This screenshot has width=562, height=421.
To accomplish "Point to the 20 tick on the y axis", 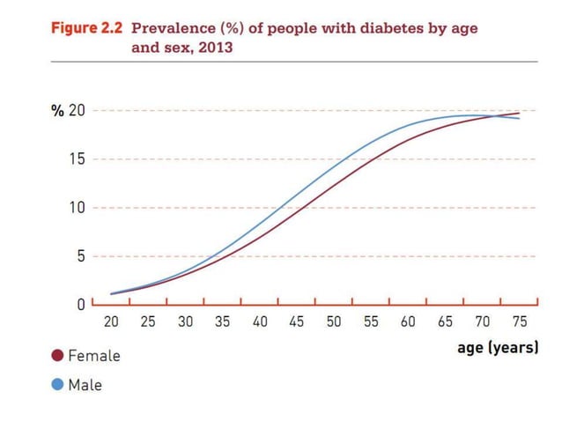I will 77,111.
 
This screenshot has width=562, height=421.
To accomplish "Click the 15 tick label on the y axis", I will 77,159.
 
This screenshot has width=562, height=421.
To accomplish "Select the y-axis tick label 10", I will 77,208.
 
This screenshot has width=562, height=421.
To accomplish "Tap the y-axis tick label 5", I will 80,256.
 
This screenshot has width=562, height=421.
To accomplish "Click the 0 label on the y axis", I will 80,305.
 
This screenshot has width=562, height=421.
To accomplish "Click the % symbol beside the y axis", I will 56,111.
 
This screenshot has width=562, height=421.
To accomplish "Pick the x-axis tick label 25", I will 148,322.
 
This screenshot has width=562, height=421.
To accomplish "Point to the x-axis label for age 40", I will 260,322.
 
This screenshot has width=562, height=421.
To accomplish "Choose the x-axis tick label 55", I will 371,322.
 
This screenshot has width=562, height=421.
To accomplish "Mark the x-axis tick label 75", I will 520,322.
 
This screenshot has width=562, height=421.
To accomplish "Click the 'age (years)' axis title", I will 497,348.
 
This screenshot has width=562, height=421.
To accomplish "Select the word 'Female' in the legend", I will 93,356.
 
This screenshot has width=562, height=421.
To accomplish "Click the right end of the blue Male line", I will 520,118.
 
